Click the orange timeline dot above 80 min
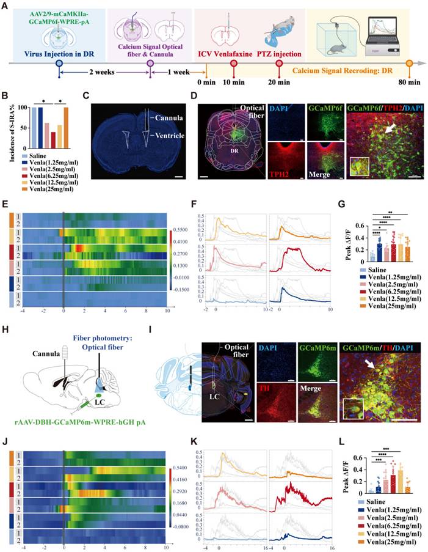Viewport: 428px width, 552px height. pos(409,62)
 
